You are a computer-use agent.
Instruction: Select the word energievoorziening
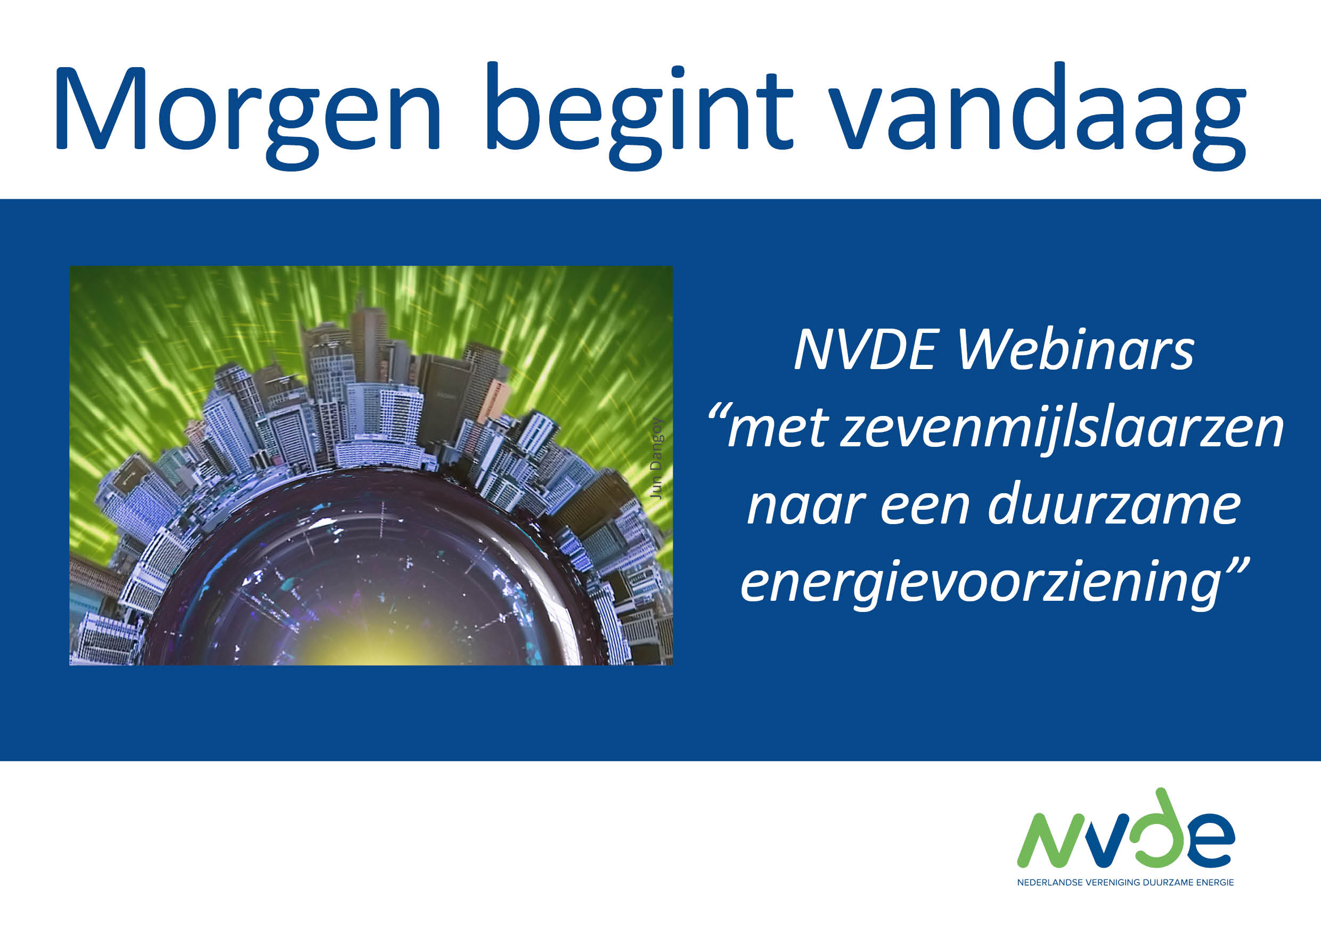[x=981, y=585]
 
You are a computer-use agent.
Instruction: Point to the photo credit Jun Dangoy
[x=656, y=458]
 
